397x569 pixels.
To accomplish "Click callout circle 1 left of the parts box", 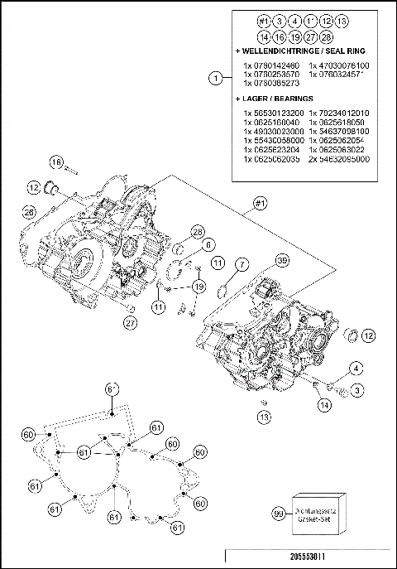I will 215,79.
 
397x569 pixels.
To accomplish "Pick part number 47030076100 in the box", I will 339,65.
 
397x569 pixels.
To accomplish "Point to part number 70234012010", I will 340,113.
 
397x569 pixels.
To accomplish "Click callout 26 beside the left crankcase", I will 28,212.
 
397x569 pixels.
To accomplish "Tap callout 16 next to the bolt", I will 56,162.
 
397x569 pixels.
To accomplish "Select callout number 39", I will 281,261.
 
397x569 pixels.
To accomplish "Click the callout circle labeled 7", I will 241,263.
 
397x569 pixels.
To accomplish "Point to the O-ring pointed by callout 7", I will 222,290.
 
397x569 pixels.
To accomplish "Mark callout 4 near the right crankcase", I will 354,367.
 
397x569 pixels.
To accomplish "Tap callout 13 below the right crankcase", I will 263,417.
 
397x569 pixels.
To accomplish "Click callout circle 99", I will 280,514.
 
